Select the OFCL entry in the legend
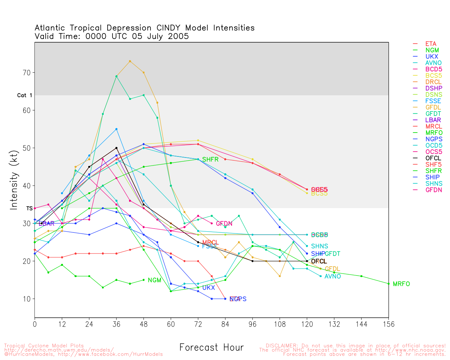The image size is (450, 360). [x=433, y=158]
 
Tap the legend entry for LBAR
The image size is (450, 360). [x=433, y=120]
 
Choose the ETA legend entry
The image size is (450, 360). [x=431, y=44]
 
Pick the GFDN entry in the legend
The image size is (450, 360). [x=433, y=190]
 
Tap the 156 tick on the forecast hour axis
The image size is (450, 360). [x=388, y=324]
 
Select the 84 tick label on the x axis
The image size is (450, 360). [x=225, y=324]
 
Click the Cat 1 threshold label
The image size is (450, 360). [x=25, y=95]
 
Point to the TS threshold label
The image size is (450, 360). [x=30, y=208]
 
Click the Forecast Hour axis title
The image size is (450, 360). [x=211, y=347]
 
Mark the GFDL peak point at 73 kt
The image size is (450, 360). [x=130, y=61]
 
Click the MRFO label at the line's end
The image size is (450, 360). [x=401, y=284]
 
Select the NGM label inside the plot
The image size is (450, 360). [x=154, y=280]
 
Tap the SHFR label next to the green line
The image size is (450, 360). [x=210, y=160]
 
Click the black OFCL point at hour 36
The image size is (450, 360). [x=116, y=148]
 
